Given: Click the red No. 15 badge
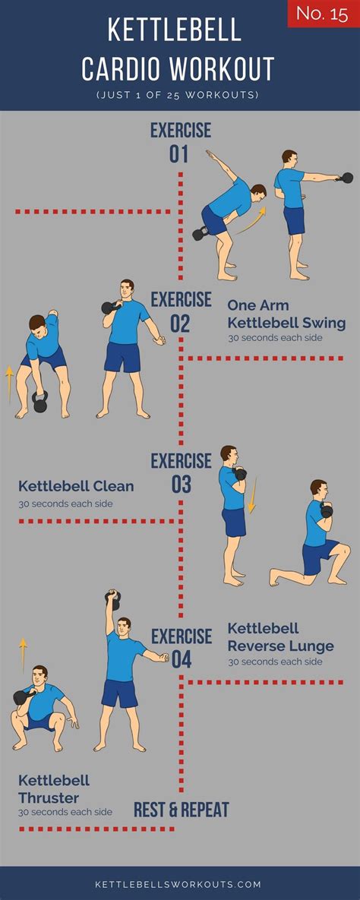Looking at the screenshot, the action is (x=324, y=14).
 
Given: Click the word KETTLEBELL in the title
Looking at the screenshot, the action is (x=175, y=30).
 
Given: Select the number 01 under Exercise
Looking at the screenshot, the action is (x=178, y=154).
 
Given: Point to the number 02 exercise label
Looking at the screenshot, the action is (x=180, y=324).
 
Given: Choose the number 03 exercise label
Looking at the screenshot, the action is (x=181, y=485).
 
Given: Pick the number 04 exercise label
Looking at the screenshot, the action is (x=181, y=660).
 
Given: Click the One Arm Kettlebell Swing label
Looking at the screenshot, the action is (x=286, y=314).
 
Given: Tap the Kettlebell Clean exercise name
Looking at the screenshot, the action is (x=76, y=486).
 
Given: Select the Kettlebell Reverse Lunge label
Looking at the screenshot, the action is (x=281, y=637).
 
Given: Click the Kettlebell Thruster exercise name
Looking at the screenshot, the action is (x=54, y=789).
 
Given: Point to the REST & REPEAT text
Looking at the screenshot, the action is (x=182, y=810).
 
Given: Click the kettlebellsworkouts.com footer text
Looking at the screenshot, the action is (x=178, y=885).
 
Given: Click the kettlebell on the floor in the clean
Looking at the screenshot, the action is (x=39, y=403).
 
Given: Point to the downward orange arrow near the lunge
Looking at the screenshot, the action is (x=251, y=496).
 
